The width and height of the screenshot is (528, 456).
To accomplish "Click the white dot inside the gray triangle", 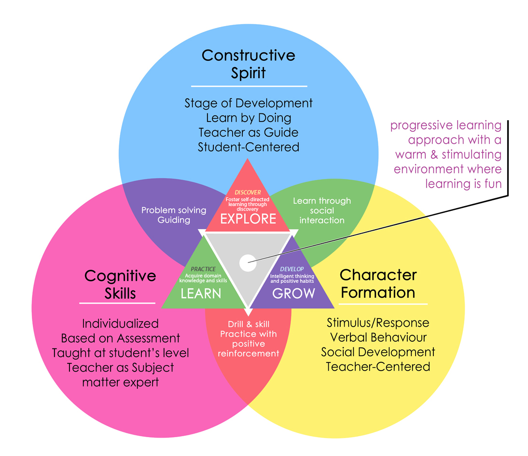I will (247, 263).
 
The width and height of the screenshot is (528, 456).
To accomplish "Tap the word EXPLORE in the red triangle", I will (248, 219).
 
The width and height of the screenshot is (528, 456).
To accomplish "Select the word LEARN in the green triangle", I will (201, 293).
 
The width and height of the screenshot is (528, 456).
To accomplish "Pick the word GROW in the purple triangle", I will (293, 293).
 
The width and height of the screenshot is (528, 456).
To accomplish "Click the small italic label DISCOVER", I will (248, 193).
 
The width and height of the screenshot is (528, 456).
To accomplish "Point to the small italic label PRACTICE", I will (203, 269).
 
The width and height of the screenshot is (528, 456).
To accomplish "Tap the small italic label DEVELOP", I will (292, 269).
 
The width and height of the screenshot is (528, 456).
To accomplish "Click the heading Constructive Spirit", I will (248, 64).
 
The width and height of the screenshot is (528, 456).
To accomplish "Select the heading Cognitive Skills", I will (120, 284).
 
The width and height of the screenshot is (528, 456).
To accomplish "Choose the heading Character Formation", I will (378, 283).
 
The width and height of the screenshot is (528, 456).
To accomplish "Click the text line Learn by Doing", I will (249, 118).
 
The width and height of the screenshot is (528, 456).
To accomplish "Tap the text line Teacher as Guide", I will (249, 132).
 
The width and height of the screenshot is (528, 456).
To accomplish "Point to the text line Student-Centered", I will (249, 147).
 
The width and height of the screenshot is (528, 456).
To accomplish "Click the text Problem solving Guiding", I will (174, 215).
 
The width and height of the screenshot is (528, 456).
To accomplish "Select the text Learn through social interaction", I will (322, 210).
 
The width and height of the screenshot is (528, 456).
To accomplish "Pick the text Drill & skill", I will (249, 324).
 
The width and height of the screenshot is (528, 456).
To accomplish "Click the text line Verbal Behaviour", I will (378, 337).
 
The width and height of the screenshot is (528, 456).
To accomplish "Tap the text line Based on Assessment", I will (121, 338).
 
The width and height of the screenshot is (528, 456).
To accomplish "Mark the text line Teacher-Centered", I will (378, 366).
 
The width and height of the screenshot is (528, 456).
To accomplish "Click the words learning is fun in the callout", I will (463, 184).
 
